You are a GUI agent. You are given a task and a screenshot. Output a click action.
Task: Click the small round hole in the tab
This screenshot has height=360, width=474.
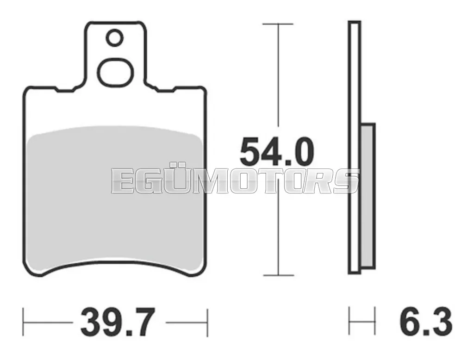point(115,38)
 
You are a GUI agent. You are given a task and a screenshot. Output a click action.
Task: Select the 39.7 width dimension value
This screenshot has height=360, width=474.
point(118,322)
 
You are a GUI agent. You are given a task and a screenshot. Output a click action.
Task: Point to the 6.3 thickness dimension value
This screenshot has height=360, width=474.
point(426,322)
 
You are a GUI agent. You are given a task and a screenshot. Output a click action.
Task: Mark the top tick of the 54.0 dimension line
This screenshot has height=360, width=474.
point(278,24)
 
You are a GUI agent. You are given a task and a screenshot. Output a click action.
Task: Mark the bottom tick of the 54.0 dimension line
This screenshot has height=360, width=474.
point(278,275)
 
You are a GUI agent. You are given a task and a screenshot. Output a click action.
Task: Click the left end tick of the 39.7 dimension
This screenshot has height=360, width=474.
point(24,322)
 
